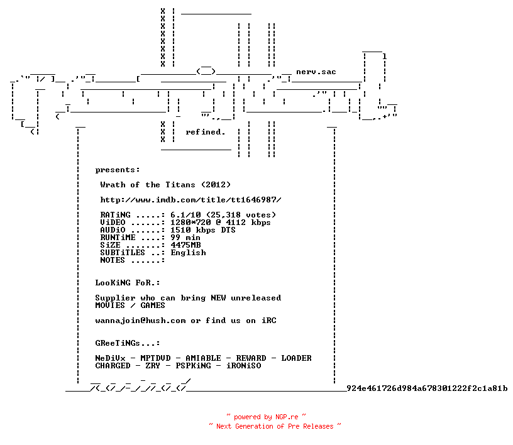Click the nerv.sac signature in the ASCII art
(x=316, y=72)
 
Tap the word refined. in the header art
(x=206, y=132)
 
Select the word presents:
(x=118, y=170)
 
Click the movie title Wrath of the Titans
(x=148, y=185)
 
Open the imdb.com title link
(x=190, y=200)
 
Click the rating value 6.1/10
(x=185, y=215)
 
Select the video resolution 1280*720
(x=190, y=222)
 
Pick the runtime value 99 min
(x=185, y=238)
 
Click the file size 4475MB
(x=185, y=245)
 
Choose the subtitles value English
(x=188, y=253)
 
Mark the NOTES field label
(x=113, y=260)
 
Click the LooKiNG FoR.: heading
(x=128, y=283)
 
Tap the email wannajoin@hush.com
(x=140, y=321)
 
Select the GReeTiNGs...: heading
(x=128, y=343)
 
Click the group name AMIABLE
(x=203, y=358)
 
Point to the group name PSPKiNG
(x=193, y=366)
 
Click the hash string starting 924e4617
(x=427, y=388)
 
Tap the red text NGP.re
(x=287, y=417)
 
